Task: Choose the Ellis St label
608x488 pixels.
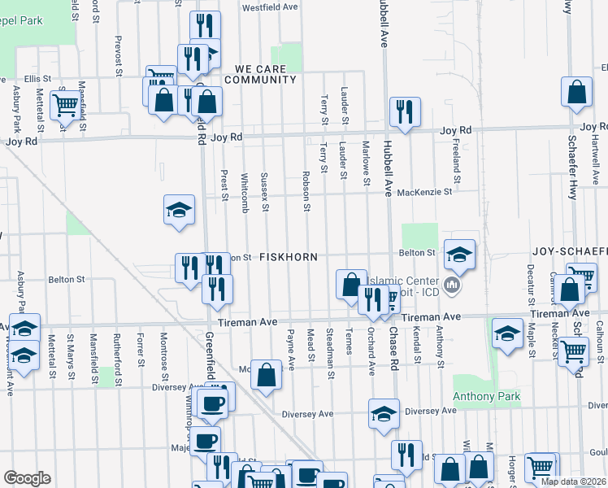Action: pos(37,79)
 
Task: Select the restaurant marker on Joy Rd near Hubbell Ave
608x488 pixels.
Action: pos(404,112)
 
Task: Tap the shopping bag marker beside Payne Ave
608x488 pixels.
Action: pos(266,374)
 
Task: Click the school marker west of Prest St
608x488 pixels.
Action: pos(179,210)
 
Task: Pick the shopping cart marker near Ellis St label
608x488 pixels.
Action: pos(64,103)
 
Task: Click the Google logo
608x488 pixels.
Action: pos(27,478)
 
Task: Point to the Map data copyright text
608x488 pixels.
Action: pos(571,481)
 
